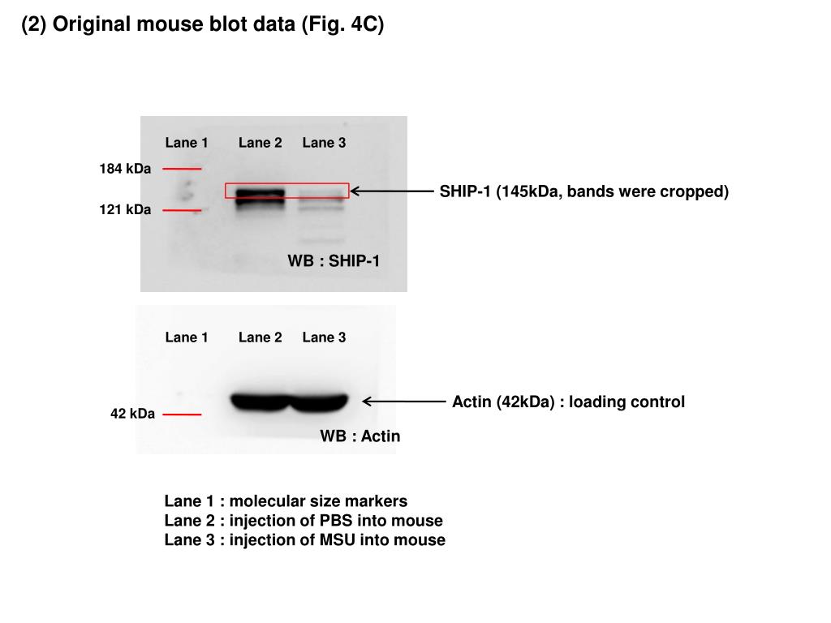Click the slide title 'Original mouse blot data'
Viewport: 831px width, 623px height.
click(202, 24)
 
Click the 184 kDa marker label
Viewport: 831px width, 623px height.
click(125, 169)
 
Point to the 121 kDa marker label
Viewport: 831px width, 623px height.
click(125, 210)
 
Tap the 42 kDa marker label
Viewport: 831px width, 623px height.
click(132, 414)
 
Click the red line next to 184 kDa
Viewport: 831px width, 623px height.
click(182, 169)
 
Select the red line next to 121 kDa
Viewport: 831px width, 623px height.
click(182, 210)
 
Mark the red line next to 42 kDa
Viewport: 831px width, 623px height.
click(182, 414)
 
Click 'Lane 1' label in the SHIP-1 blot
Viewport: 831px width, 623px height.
click(187, 143)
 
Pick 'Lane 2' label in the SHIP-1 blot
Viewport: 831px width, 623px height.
click(260, 143)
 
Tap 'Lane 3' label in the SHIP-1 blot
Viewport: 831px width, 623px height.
click(324, 143)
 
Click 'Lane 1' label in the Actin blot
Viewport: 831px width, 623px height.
click(187, 337)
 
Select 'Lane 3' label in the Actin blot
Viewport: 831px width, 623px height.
click(324, 337)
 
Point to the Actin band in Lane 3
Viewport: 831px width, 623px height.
click(319, 401)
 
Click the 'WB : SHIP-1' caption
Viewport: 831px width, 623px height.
click(334, 260)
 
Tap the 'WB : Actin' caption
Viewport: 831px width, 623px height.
click(360, 436)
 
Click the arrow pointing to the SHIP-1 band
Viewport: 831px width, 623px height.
click(393, 191)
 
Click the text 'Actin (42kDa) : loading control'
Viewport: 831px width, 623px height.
click(568, 402)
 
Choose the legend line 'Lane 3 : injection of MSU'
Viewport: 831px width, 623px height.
click(304, 540)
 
